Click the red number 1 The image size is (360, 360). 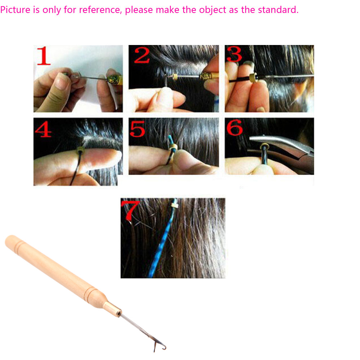coord(43,56)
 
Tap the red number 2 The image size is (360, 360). coord(141,55)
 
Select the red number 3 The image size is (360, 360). coord(234,54)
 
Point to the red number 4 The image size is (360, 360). coord(43,129)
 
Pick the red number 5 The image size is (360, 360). coord(137,129)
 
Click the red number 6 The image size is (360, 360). coord(234,127)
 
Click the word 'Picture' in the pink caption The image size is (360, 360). coord(15,10)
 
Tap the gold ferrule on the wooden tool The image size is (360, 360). coord(112,309)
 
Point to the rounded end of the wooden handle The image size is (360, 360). coord(10,240)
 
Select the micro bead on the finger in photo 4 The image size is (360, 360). coord(80,150)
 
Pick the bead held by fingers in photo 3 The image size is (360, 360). coord(253,78)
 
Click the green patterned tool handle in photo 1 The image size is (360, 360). coord(113,80)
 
